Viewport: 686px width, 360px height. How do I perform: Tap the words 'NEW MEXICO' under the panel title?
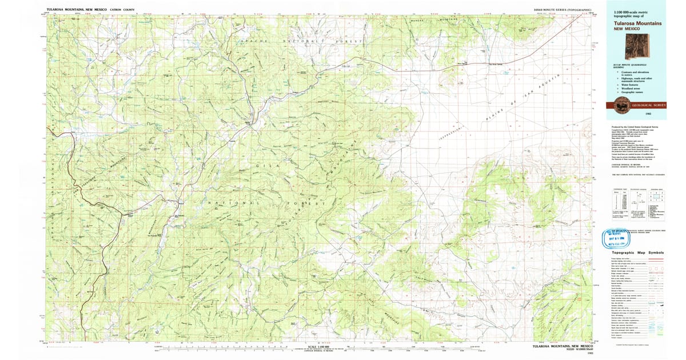click(626, 29)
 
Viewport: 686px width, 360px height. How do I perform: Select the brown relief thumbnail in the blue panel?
click(637, 46)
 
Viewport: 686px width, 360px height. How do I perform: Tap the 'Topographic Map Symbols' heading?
click(637, 253)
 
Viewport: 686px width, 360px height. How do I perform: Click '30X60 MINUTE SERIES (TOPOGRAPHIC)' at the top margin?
click(555, 10)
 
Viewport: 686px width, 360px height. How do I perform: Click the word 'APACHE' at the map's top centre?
click(250, 42)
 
